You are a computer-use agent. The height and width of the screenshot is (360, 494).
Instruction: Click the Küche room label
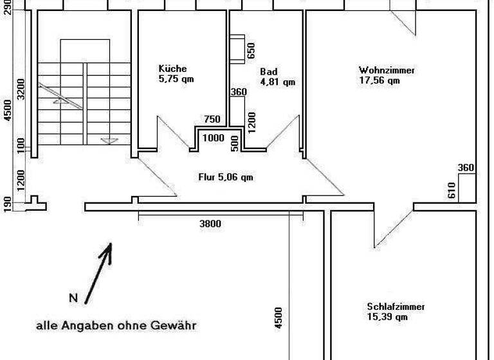[x=172, y=69]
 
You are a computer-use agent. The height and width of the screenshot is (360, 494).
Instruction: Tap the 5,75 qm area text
[x=176, y=79]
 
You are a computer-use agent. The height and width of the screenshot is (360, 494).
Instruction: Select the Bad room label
[x=268, y=72]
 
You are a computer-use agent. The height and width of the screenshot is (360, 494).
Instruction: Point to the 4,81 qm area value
[x=277, y=82]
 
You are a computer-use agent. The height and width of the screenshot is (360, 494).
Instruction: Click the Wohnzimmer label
[x=387, y=70]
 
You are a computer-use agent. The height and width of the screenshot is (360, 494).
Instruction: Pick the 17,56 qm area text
[x=379, y=80]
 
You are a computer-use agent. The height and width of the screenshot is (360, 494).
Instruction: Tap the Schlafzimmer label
[x=396, y=307]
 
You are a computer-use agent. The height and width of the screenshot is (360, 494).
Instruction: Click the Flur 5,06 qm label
[x=224, y=177]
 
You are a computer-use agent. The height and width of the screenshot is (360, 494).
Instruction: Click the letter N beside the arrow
[x=73, y=298]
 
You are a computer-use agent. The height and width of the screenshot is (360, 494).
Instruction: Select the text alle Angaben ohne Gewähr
[x=116, y=326]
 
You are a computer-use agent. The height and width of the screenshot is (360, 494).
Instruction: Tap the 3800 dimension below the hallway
[x=210, y=224]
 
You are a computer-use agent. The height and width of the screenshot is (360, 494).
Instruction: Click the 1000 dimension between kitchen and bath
[x=214, y=138]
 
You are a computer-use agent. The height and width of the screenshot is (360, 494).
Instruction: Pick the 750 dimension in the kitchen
[x=212, y=119]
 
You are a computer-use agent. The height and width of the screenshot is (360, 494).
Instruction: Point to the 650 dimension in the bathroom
[x=251, y=50]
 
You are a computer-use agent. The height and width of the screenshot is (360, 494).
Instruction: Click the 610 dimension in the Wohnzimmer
[x=452, y=190]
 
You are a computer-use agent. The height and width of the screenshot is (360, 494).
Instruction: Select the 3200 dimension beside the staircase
[x=21, y=89]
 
